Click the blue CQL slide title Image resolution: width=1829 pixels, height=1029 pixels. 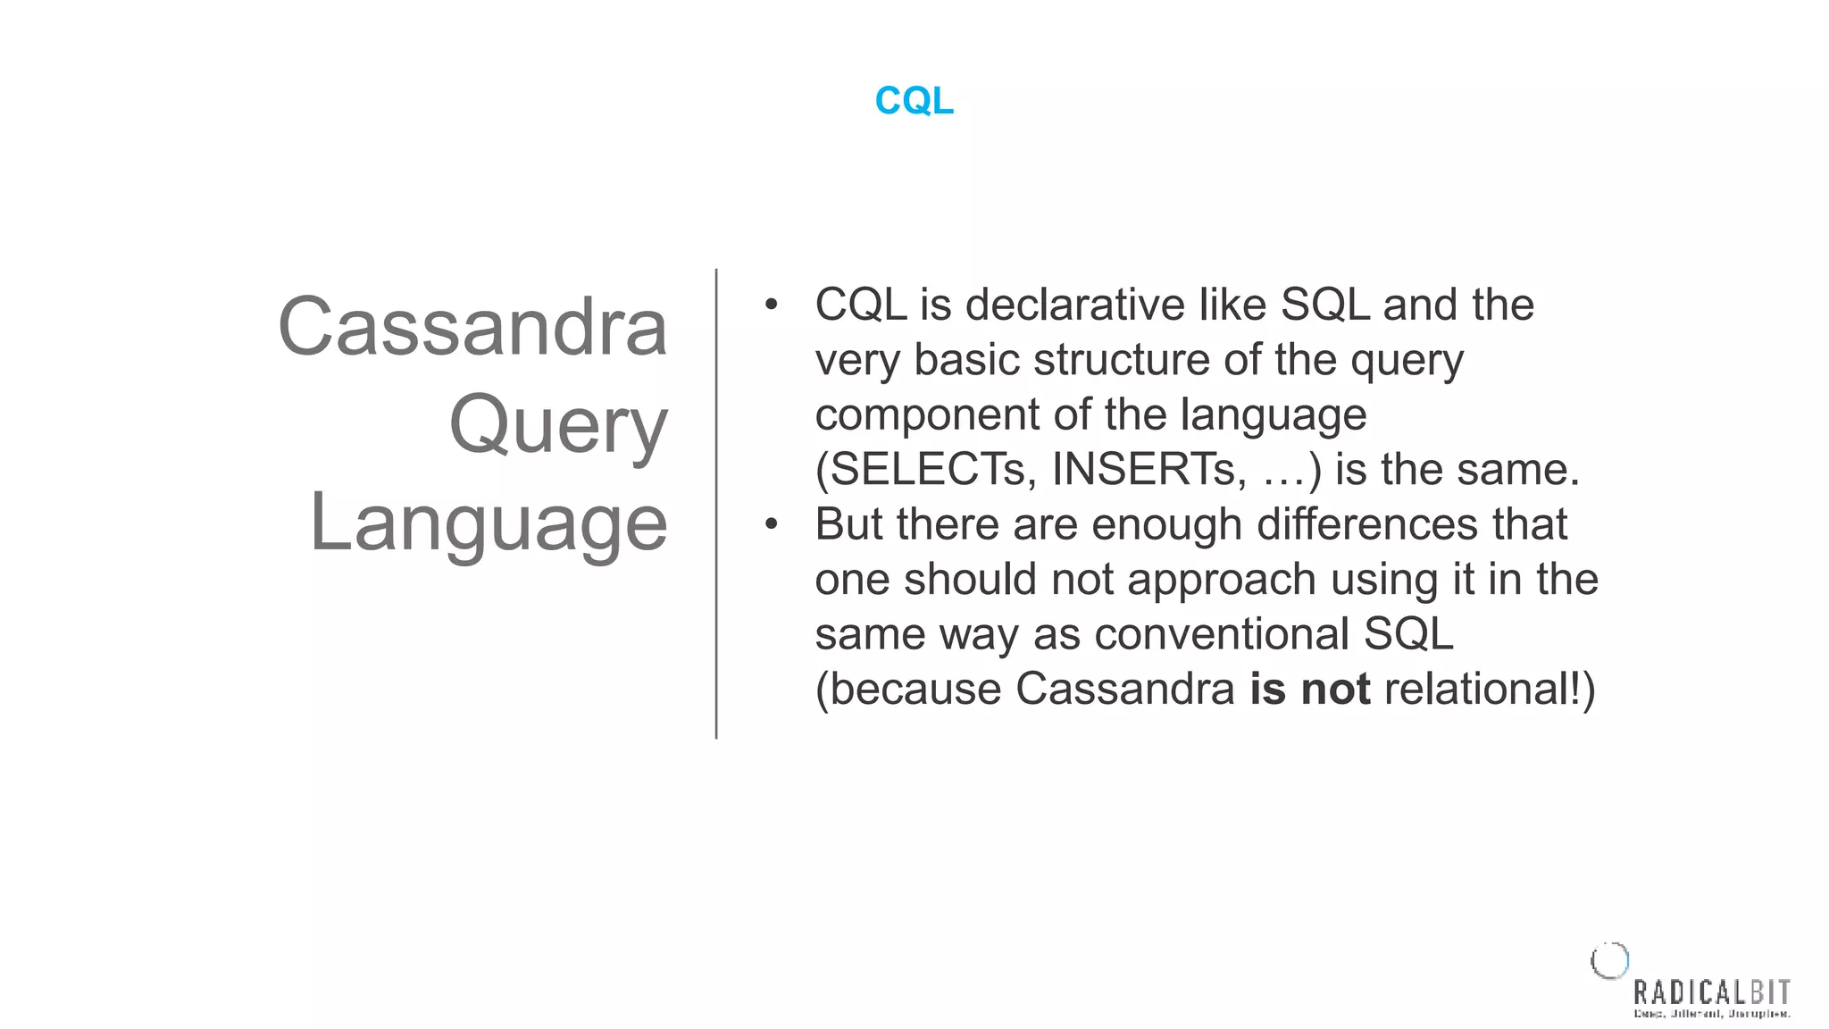914,101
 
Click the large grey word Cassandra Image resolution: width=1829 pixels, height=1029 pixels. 472,327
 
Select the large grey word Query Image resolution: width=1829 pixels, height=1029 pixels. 558,425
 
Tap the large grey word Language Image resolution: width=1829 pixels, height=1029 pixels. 489,523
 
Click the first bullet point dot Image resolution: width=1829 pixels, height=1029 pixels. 772,305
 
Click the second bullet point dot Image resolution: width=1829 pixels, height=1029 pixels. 772,524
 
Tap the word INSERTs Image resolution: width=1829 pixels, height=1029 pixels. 1148,470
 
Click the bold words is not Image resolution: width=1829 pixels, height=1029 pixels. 1309,690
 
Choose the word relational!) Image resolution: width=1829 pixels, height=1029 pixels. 1489,690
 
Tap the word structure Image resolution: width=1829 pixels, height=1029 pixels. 1122,361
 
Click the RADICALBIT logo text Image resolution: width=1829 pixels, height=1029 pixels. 1711,992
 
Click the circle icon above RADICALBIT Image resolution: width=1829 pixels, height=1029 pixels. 1610,961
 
